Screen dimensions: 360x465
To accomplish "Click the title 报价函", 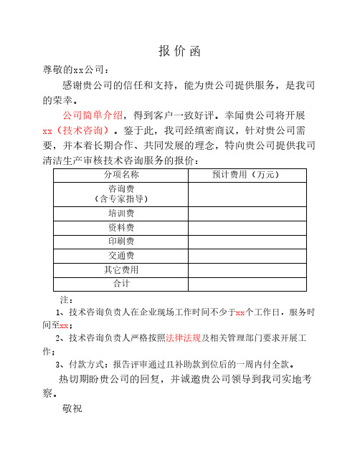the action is (179, 51).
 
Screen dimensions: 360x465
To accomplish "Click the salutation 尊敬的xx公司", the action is (76, 69).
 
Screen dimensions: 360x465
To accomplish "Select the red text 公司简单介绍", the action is (93, 115).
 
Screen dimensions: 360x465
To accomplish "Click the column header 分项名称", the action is (120, 174).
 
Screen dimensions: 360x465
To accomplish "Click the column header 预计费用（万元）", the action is (247, 174).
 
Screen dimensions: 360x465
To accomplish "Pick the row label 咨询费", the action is (120, 188).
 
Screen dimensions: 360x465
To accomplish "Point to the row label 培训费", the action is (120, 213).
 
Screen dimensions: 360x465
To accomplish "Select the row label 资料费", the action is (120, 227).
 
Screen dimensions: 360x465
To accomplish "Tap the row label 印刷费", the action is (120, 241).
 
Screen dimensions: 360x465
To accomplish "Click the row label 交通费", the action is (120, 256).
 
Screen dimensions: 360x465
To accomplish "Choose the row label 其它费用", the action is (120, 270).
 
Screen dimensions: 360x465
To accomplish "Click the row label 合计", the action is (120, 284).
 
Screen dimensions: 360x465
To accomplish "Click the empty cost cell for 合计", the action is (247, 284).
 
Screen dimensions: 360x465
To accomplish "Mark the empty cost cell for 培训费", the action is (247, 213).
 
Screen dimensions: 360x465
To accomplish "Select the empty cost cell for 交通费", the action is (247, 256).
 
